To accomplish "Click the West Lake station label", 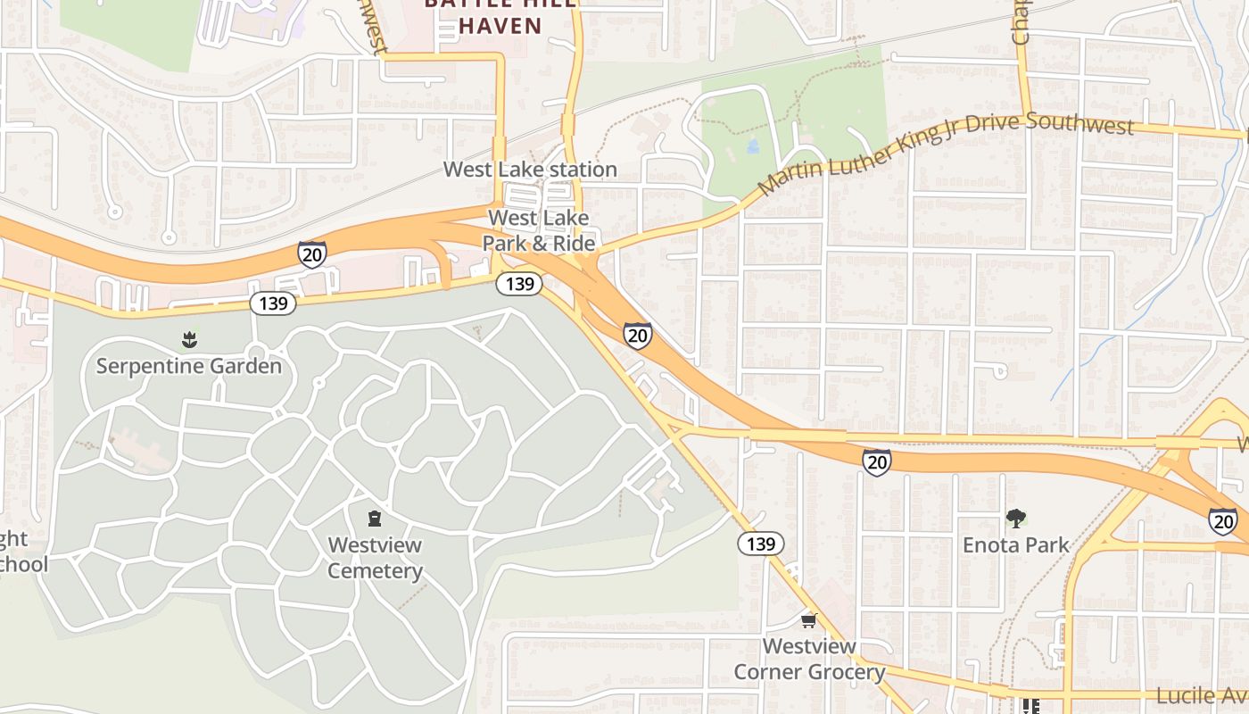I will (530, 170).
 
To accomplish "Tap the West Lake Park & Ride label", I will (538, 230).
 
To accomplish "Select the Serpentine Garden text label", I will (189, 366).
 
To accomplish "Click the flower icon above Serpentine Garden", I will (189, 339).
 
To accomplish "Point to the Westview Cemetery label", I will (375, 558).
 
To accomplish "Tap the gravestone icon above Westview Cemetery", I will (375, 519).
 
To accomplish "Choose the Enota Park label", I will (1015, 544).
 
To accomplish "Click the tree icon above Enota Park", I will (1015, 518).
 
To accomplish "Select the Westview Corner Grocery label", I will (809, 659).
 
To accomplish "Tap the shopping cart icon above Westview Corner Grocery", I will (808, 620).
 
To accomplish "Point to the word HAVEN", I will (500, 26).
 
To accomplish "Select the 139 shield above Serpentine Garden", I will (273, 303).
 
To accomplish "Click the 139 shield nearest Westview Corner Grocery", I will (760, 544).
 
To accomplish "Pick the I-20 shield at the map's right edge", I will (1223, 521).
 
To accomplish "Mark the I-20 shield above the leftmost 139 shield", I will (311, 253).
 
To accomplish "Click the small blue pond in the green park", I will (752, 145).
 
